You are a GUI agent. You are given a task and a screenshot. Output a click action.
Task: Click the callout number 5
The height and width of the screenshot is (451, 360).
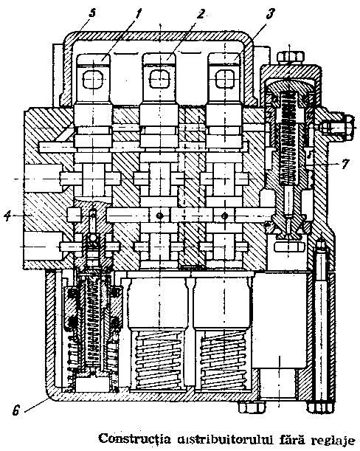(x=92, y=13)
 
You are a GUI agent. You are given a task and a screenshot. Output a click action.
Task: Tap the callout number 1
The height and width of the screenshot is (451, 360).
(x=139, y=13)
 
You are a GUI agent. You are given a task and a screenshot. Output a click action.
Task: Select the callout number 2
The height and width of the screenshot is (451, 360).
(x=201, y=13)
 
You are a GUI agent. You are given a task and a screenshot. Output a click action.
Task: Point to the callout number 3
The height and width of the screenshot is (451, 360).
(x=271, y=13)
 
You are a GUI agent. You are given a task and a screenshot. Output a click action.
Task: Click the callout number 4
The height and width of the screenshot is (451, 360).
(x=8, y=216)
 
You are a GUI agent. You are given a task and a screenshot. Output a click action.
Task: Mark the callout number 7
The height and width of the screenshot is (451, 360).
(x=345, y=164)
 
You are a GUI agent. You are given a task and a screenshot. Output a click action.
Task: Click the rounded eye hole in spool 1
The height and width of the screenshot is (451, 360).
(x=93, y=78)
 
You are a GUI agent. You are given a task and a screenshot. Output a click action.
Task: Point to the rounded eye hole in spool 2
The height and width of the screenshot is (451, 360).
(x=159, y=78)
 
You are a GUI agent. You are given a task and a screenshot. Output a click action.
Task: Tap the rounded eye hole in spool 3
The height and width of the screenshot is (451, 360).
(x=225, y=78)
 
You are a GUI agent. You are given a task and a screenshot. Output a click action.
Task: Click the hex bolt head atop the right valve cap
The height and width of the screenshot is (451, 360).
(x=290, y=57)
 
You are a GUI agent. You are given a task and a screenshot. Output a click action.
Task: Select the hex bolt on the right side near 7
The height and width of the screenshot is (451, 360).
(x=336, y=125)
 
